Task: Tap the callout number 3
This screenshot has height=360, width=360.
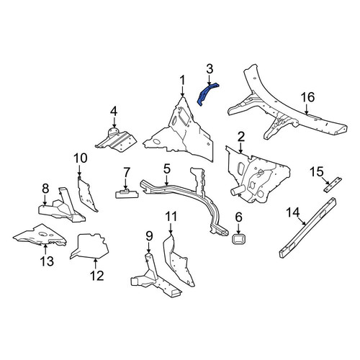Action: tap(210, 69)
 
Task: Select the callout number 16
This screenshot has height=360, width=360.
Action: tap(307, 97)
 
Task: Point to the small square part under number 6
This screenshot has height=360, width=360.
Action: tap(238, 239)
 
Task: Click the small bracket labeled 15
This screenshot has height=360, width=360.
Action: tap(333, 184)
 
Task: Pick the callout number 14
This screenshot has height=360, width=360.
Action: tap(293, 212)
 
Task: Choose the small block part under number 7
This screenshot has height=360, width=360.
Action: tap(127, 194)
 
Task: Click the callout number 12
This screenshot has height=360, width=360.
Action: tap(97, 276)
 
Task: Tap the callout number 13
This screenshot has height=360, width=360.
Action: tap(47, 261)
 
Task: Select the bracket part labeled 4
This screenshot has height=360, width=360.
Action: tap(117, 141)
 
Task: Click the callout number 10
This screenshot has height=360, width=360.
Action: tap(81, 158)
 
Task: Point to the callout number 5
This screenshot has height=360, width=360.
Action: tap(167, 168)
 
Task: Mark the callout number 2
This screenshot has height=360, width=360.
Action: tap(240, 137)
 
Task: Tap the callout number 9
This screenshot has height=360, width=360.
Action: tap(149, 236)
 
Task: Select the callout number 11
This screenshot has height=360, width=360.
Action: tap(171, 217)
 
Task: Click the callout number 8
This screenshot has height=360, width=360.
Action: tap(45, 189)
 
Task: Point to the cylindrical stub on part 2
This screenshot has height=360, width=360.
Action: tap(236, 192)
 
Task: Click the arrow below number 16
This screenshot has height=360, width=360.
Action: tap(307, 109)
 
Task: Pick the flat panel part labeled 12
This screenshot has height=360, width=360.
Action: tap(89, 246)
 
